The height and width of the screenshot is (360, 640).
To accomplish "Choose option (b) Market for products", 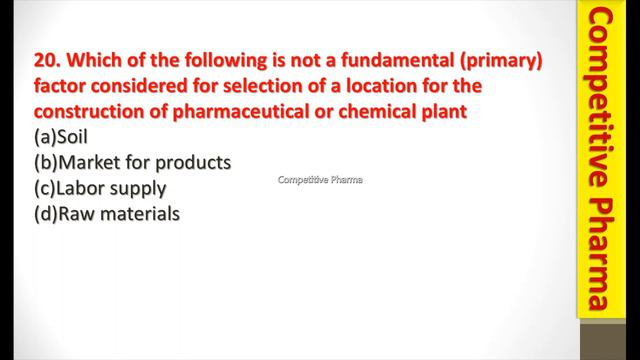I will [x=131, y=162].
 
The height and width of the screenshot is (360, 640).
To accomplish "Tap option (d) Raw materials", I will [x=105, y=212].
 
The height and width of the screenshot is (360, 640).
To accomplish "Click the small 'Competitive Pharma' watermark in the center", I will [x=320, y=180].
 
